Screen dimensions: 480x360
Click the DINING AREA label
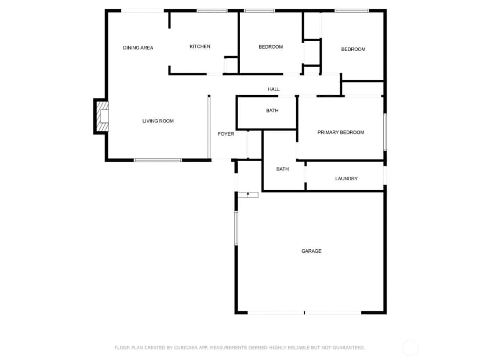click(x=138, y=48)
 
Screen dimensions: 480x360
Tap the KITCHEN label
click(x=200, y=46)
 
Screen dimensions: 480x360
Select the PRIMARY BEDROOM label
click(x=341, y=132)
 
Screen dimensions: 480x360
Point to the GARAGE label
click(x=311, y=251)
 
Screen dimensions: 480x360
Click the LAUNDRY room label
click(x=346, y=179)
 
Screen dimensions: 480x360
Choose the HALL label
click(x=274, y=89)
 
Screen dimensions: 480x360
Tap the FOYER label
click(x=226, y=134)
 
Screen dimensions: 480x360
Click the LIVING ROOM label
click(x=158, y=121)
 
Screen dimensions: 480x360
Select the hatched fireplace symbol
click(x=103, y=117)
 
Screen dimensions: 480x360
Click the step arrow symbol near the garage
click(x=248, y=195)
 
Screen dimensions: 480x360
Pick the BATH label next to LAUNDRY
click(x=282, y=169)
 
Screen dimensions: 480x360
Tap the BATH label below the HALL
click(x=272, y=111)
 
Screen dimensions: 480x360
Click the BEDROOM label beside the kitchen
click(x=271, y=47)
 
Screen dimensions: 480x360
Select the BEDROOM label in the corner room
click(x=353, y=49)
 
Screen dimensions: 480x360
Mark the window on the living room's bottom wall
click(x=158, y=160)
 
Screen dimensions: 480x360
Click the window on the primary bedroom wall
click(x=385, y=132)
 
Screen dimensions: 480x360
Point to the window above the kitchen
click(x=212, y=10)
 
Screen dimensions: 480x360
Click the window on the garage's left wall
click(x=236, y=228)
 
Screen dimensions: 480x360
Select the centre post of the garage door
click(x=304, y=312)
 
